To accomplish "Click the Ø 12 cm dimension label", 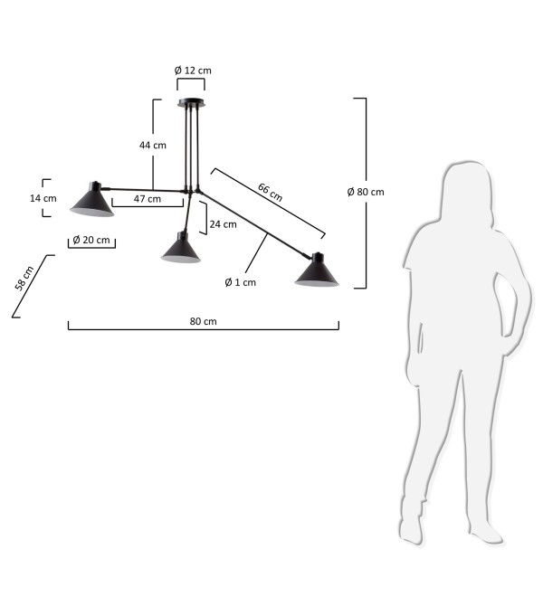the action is click(x=193, y=71).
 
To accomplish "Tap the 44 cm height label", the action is click(x=153, y=145).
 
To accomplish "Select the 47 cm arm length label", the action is click(x=148, y=199).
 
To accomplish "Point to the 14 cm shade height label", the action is click(x=43, y=198).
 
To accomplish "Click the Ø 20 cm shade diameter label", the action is click(x=91, y=240).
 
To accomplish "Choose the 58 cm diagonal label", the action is click(x=24, y=279).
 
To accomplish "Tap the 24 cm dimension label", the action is click(x=223, y=224).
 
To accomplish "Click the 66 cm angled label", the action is click(x=271, y=193).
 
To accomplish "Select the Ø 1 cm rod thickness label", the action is click(x=241, y=282).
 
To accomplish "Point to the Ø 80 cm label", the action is click(x=366, y=192).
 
